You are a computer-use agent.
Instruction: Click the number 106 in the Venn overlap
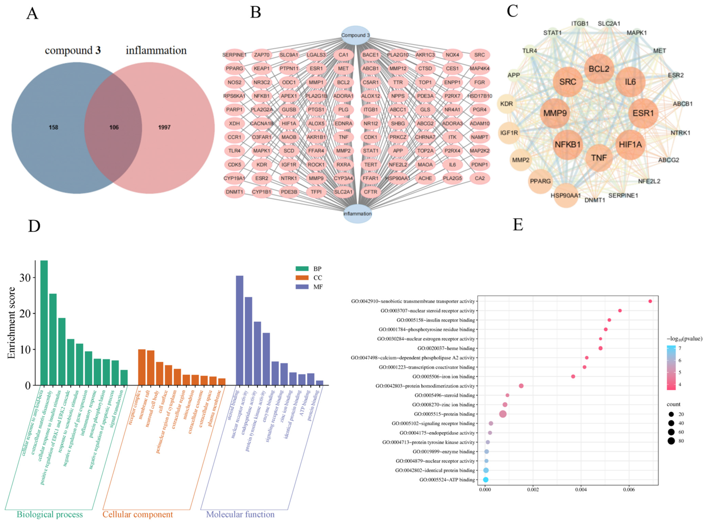click(114, 127)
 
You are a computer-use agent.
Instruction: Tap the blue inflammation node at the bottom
click(357, 214)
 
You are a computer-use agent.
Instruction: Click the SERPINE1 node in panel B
click(234, 55)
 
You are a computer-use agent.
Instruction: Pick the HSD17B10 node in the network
click(480, 96)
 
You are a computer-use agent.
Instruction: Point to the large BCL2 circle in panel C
click(599, 69)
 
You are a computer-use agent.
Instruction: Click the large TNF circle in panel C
click(599, 158)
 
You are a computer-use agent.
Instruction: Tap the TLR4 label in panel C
click(529, 51)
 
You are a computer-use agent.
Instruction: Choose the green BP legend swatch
click(302, 268)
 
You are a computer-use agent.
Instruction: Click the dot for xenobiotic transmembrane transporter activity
click(650, 301)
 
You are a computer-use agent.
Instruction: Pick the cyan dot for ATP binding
click(485, 480)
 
